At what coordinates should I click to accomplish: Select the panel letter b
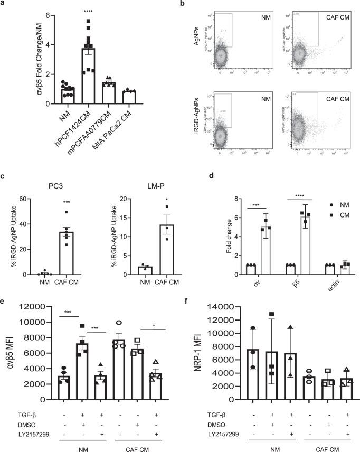195,3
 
